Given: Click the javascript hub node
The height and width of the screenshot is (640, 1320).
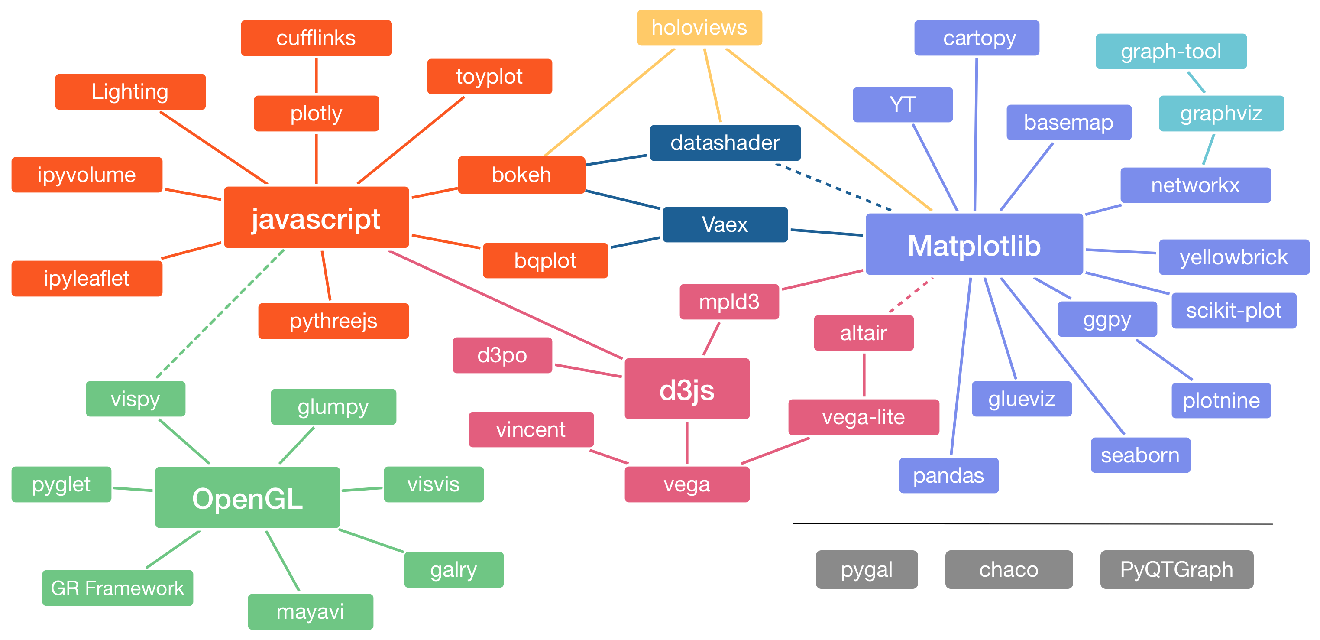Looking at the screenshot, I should pyautogui.click(x=316, y=218).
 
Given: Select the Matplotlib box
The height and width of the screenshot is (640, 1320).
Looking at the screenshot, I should pyautogui.click(x=974, y=245).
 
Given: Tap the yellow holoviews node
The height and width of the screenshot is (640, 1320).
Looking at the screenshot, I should pyautogui.click(x=699, y=28).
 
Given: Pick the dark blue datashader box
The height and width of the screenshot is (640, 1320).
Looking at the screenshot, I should pyautogui.click(x=725, y=143).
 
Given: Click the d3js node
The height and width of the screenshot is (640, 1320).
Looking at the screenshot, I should pyautogui.click(x=687, y=389).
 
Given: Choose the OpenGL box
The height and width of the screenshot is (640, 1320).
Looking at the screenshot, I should pyautogui.click(x=248, y=497).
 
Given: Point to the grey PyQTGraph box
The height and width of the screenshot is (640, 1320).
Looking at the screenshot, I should pyautogui.click(x=1177, y=569).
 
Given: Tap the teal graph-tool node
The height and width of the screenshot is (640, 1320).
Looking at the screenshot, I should pyautogui.click(x=1171, y=51).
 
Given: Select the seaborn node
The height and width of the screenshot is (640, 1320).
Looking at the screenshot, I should pyautogui.click(x=1140, y=455).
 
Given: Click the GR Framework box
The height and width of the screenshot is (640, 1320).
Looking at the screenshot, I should pyautogui.click(x=117, y=588).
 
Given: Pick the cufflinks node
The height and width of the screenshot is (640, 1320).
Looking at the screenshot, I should pyautogui.click(x=316, y=39).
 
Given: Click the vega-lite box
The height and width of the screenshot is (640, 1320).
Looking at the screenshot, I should pyautogui.click(x=864, y=417).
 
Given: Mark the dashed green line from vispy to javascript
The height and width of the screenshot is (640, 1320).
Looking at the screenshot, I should pyautogui.click(x=220, y=313).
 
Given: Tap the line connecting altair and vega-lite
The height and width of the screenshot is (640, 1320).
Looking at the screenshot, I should pyautogui.click(x=864, y=375).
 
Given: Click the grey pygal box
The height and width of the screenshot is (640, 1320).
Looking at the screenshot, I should pyautogui.click(x=867, y=569).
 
